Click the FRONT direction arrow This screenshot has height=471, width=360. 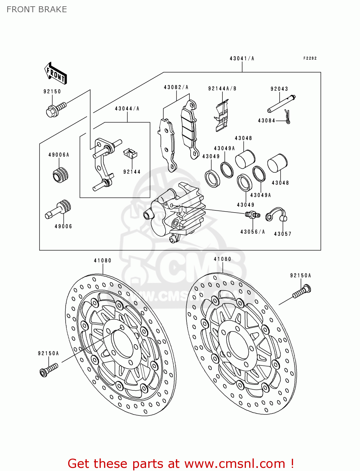point(55,73)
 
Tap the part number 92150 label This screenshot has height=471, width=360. point(52,91)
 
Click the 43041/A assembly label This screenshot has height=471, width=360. point(242,58)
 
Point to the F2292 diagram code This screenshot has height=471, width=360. point(310,58)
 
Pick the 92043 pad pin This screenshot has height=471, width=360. point(281,103)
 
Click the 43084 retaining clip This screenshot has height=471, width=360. point(287,117)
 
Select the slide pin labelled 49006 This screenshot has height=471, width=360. point(59,209)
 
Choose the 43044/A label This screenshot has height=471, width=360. point(127,109)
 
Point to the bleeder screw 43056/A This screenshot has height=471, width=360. point(252,215)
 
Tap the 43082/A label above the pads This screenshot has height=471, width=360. point(176,87)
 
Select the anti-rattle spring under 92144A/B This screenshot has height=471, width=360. point(222,116)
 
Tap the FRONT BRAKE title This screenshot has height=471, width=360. point(37,9)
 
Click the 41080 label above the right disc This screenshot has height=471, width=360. point(222,259)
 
